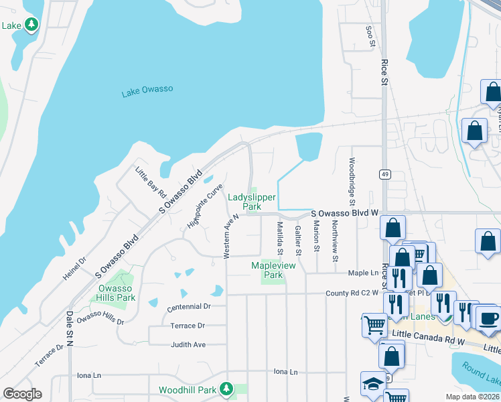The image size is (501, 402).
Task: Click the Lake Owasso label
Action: click(148, 91)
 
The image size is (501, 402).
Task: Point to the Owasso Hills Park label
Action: click(117, 293)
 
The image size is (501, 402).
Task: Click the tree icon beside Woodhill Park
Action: click(226, 389)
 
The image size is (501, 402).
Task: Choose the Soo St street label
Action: click(369, 37)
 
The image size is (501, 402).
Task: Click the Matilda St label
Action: click(281, 240)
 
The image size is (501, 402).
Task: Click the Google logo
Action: click(22, 394)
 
